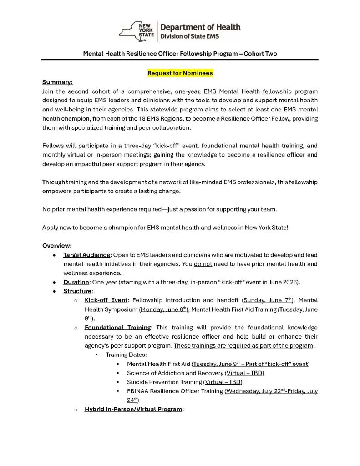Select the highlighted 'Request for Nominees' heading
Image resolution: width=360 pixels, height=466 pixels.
click(x=180, y=73)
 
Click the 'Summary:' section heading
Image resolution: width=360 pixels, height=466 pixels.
click(x=57, y=82)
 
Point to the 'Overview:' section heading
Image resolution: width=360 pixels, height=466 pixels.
click(x=57, y=246)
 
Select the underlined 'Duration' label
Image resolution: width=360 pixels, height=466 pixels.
click(x=76, y=282)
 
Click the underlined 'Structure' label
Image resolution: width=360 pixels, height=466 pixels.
click(x=78, y=291)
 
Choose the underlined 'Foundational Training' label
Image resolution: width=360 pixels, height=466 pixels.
click(x=117, y=328)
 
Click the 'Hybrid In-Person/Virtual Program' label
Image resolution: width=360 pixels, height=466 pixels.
click(x=133, y=410)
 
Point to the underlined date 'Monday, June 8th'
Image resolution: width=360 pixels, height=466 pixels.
click(x=163, y=309)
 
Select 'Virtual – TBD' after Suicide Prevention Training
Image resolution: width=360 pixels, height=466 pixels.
click(x=223, y=382)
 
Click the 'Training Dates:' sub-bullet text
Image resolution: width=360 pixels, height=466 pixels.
click(x=126, y=355)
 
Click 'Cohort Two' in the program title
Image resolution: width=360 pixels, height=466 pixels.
click(x=260, y=54)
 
